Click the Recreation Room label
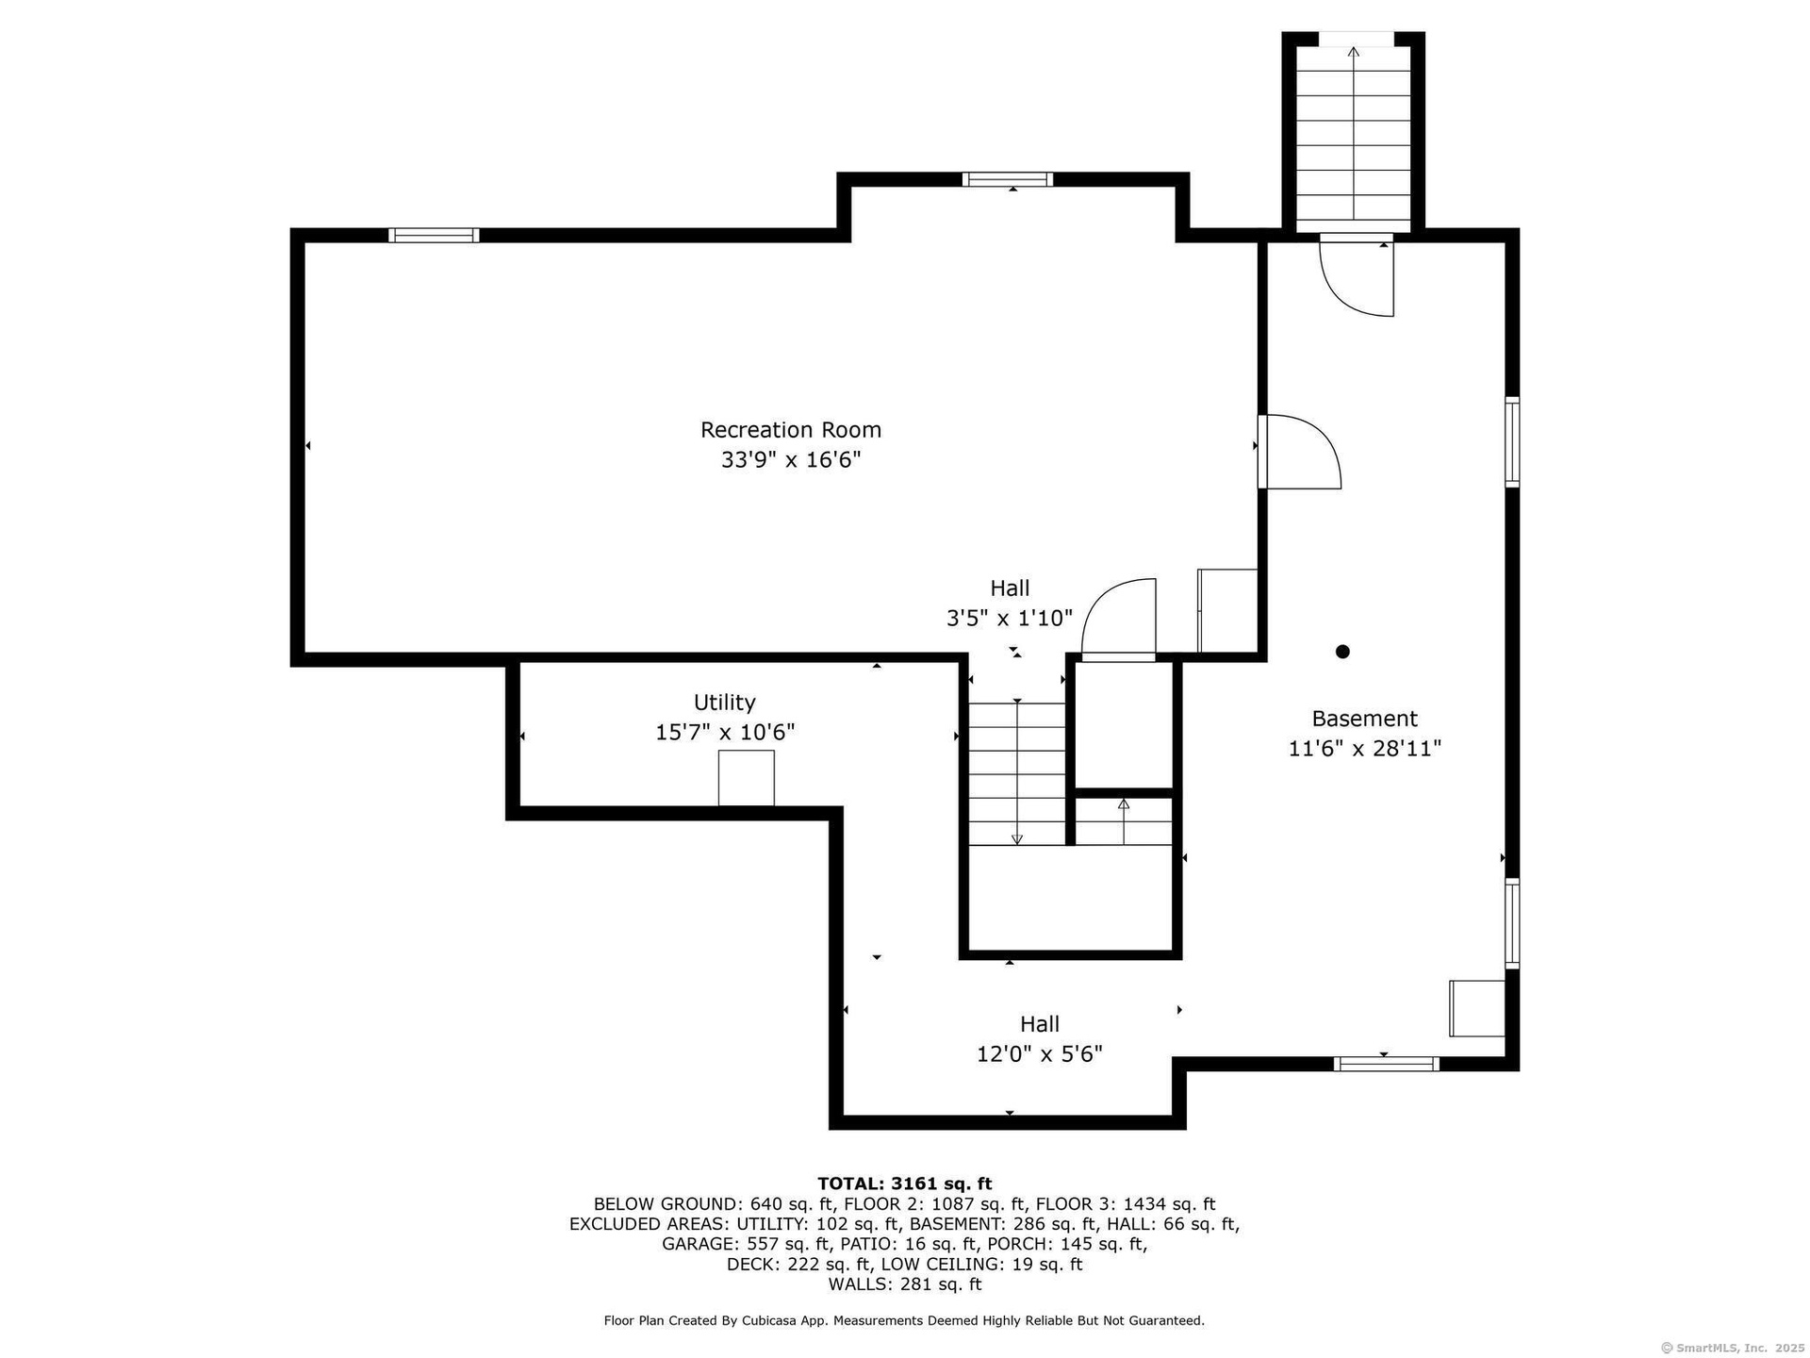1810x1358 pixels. [791, 430]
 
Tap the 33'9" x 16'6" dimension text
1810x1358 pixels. [791, 460]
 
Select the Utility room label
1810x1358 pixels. [724, 703]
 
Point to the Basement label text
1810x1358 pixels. [1364, 719]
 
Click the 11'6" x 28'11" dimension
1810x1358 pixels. [1364, 749]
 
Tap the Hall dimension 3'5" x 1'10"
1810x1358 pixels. [1010, 619]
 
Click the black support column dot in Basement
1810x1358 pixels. [1342, 652]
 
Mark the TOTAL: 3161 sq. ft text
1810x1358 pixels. [904, 1184]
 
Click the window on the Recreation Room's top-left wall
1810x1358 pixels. [434, 236]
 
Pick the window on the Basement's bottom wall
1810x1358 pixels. [1386, 1064]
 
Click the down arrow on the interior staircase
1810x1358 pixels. [1017, 771]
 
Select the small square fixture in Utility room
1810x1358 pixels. [747, 778]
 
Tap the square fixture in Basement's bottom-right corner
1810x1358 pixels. [1477, 1008]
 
